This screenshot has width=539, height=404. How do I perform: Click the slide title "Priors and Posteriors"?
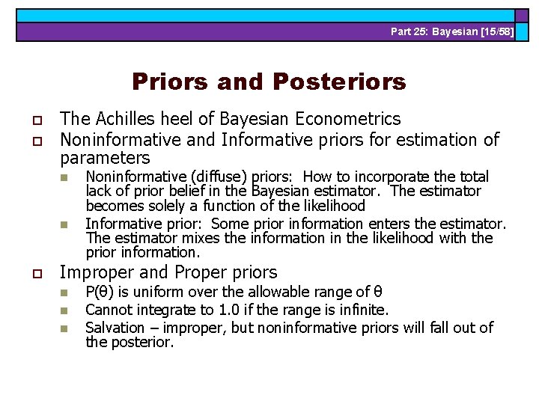click(x=269, y=81)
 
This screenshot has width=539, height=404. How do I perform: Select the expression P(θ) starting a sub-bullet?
click(x=100, y=292)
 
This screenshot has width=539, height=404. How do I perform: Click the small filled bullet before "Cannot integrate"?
click(x=64, y=310)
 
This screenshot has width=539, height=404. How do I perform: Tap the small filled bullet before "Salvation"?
click(x=64, y=328)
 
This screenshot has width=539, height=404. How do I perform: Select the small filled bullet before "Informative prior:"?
click(x=64, y=224)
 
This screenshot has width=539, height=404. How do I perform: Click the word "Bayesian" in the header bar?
click(x=445, y=31)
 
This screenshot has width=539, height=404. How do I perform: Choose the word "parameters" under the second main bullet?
click(x=105, y=158)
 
